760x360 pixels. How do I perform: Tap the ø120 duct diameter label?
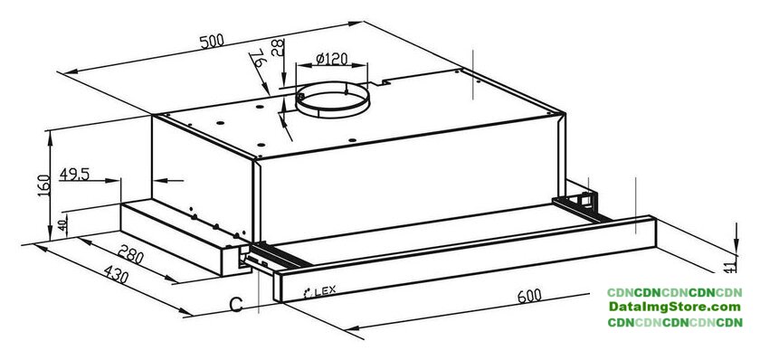(x=331, y=59)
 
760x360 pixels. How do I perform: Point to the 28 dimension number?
(x=277, y=48)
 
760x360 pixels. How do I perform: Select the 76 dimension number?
(x=257, y=59)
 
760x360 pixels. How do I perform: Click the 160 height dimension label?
(x=43, y=185)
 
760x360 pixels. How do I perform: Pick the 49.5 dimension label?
(x=74, y=174)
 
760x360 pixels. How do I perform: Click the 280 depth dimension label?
(x=131, y=253)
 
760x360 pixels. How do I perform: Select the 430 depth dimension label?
(x=116, y=275)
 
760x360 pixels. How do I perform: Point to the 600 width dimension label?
(x=529, y=296)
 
